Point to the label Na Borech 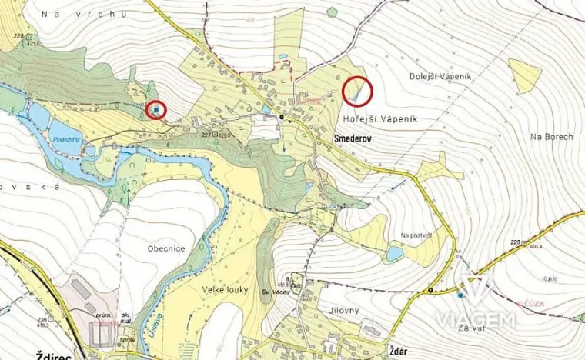point(552,136)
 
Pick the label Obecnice point(167,248)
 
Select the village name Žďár point(397,348)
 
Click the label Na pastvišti point(417,235)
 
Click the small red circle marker point(156,109)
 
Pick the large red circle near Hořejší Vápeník point(356,92)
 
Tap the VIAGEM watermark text point(476,321)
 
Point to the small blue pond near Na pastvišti point(394,252)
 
